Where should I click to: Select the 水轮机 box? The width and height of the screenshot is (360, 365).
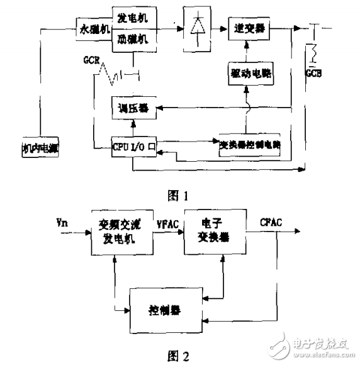(x=94, y=29)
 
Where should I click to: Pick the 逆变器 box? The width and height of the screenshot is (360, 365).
(x=246, y=29)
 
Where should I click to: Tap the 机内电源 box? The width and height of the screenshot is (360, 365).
(x=39, y=149)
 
